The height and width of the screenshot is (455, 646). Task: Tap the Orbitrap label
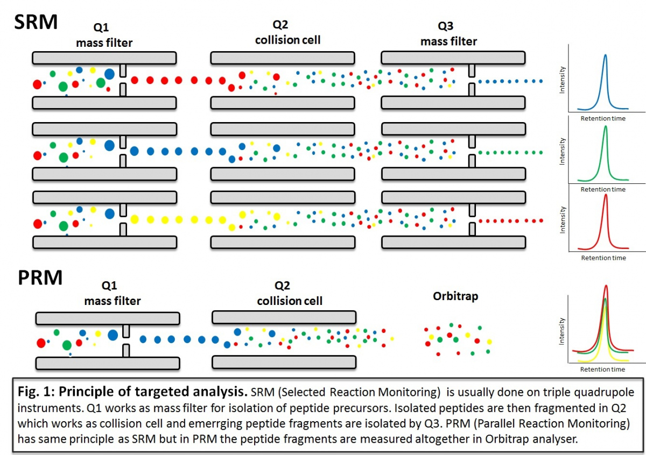[x=455, y=296]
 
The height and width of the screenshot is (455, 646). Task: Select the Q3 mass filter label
[x=448, y=35]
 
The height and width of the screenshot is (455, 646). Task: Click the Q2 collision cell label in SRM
[x=288, y=34]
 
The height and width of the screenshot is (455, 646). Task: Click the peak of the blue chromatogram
[x=606, y=55]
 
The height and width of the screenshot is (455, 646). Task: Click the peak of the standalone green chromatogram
[x=606, y=127]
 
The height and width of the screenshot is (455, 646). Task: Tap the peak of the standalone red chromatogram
[x=606, y=195]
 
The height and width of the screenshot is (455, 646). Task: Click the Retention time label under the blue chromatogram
[x=603, y=118]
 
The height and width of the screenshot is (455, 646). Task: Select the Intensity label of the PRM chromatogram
[x=563, y=331]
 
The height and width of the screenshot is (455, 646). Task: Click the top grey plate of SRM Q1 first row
[x=104, y=58]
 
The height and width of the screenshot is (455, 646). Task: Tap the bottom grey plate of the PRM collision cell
[x=284, y=361]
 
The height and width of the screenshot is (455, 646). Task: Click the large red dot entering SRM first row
[x=37, y=84]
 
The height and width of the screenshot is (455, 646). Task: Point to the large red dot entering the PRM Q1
[x=41, y=343]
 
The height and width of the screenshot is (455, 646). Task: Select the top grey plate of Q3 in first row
[x=453, y=58]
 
